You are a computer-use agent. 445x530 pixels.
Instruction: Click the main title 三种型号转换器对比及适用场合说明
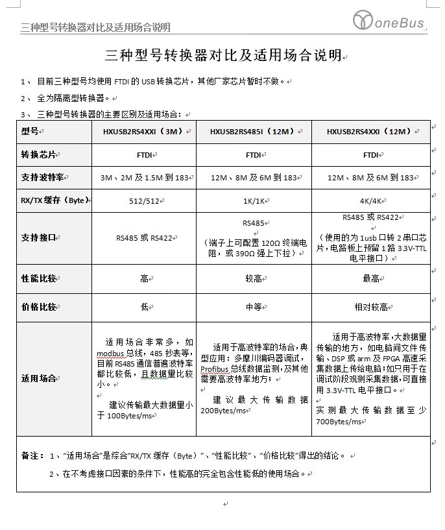pos(222,56)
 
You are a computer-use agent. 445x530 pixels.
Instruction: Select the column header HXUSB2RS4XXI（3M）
pos(143,132)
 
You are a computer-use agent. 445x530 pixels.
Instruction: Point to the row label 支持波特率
pos(43,178)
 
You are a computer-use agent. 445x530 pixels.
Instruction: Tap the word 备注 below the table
pos(30,455)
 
